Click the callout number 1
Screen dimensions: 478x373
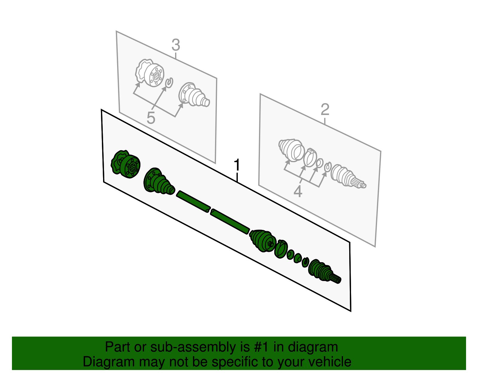pos(237,165)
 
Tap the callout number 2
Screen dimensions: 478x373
pos(325,110)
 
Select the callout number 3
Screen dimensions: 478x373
pos(176,45)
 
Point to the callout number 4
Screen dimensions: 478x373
pos(298,191)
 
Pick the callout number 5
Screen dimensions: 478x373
pos(151,118)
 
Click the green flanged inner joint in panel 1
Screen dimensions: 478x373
pos(125,164)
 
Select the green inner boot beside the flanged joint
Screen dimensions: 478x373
pos(159,181)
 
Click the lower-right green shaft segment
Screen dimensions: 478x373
pos(230,221)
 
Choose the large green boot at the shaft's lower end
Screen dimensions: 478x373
pos(263,240)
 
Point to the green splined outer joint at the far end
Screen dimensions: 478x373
pos(324,271)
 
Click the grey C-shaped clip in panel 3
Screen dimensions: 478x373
pos(169,83)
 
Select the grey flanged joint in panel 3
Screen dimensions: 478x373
pos(150,73)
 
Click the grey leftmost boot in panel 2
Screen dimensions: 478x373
pos(292,151)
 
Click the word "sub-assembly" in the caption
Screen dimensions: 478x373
pos(200,347)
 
